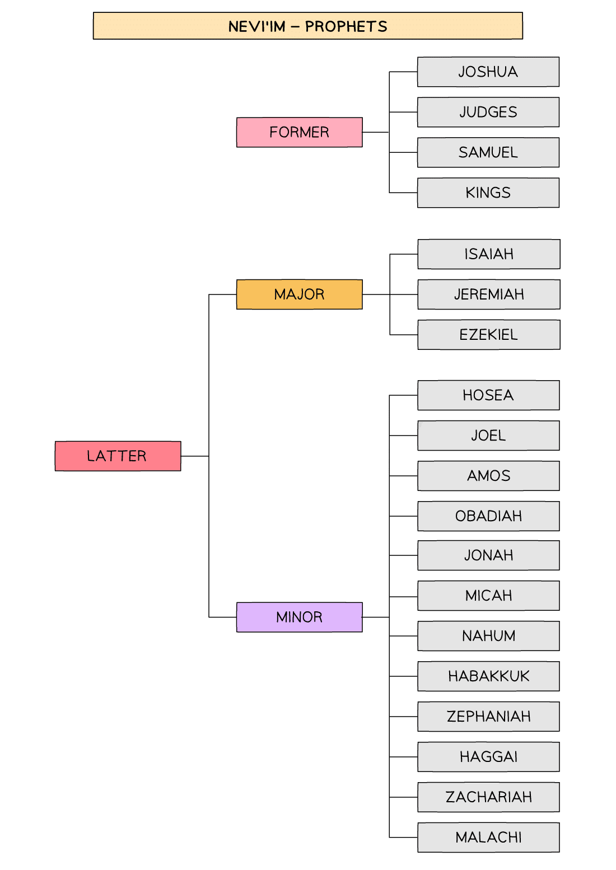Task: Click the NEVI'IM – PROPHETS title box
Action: coord(307,26)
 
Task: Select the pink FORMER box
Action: coord(299,132)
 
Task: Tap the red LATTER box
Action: coord(118,456)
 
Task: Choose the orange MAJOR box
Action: coord(299,294)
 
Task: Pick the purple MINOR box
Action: coord(299,617)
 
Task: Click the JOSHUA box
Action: coord(488,72)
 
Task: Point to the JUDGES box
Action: coord(488,112)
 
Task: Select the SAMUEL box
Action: coord(488,152)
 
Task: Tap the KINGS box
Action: coord(488,193)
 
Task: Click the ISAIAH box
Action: coord(488,254)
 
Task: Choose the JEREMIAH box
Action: coord(488,294)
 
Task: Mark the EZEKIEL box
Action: coord(488,334)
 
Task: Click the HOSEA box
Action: coord(488,395)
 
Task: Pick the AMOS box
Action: coord(488,475)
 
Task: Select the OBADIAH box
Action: coord(488,516)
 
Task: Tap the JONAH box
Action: coord(488,555)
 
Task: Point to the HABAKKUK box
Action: coord(488,676)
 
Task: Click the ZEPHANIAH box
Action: coord(488,716)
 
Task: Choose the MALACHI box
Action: coord(488,837)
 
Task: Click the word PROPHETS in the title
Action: coord(346,26)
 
